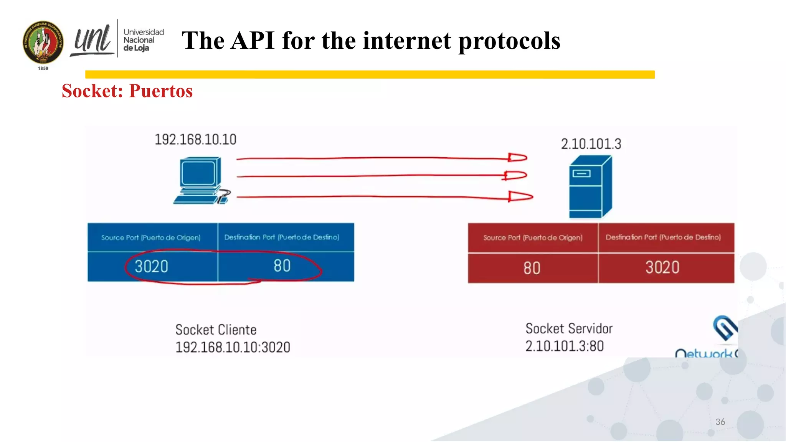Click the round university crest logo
(x=43, y=42)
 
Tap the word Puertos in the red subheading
(x=161, y=91)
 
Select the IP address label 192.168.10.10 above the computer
(x=195, y=140)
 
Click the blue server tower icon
(x=590, y=187)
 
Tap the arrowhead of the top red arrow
(x=517, y=157)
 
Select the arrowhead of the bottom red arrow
(x=520, y=196)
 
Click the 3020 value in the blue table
(x=152, y=267)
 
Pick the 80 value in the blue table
(x=282, y=266)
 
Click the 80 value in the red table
(x=532, y=268)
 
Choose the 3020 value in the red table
(x=662, y=267)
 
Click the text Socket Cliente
(x=216, y=330)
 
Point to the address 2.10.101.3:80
(x=565, y=346)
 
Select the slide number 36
(x=720, y=422)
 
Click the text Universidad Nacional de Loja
(x=143, y=40)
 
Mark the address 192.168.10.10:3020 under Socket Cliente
(x=233, y=348)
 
